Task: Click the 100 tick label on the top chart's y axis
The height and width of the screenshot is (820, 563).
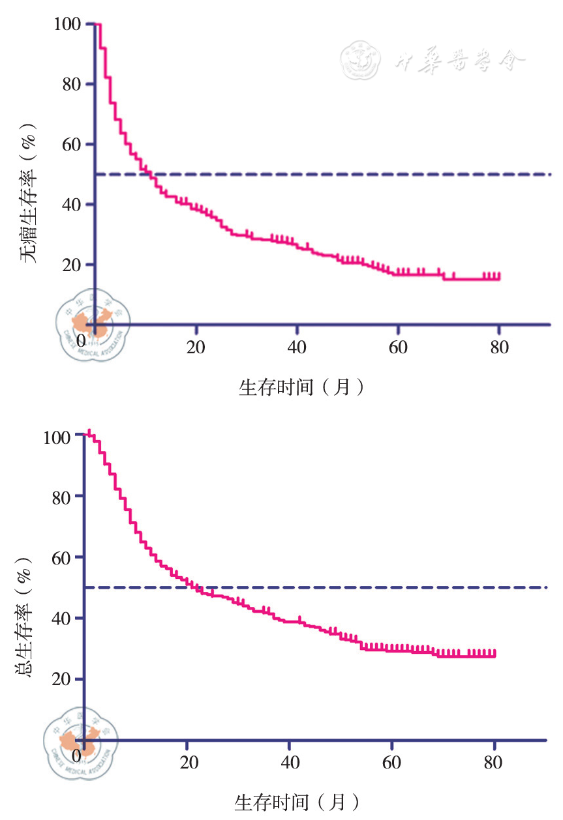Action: point(68,24)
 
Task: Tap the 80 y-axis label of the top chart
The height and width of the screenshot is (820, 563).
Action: point(72,84)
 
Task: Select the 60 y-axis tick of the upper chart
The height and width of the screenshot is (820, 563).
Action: point(72,145)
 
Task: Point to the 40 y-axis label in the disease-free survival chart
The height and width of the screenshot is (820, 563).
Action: point(72,205)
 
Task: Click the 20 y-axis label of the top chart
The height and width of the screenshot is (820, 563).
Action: point(72,265)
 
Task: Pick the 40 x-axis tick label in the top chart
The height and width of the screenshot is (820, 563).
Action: point(297,347)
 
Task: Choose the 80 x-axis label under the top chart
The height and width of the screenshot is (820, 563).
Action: point(499,347)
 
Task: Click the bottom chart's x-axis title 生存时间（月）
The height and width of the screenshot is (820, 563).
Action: point(297,801)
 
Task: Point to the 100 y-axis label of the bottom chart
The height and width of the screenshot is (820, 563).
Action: point(58,437)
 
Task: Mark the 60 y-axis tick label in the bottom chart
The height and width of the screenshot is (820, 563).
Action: point(63,557)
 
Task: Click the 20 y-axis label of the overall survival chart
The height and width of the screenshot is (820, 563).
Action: point(63,679)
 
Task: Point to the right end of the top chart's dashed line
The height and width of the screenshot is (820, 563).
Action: point(551,175)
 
